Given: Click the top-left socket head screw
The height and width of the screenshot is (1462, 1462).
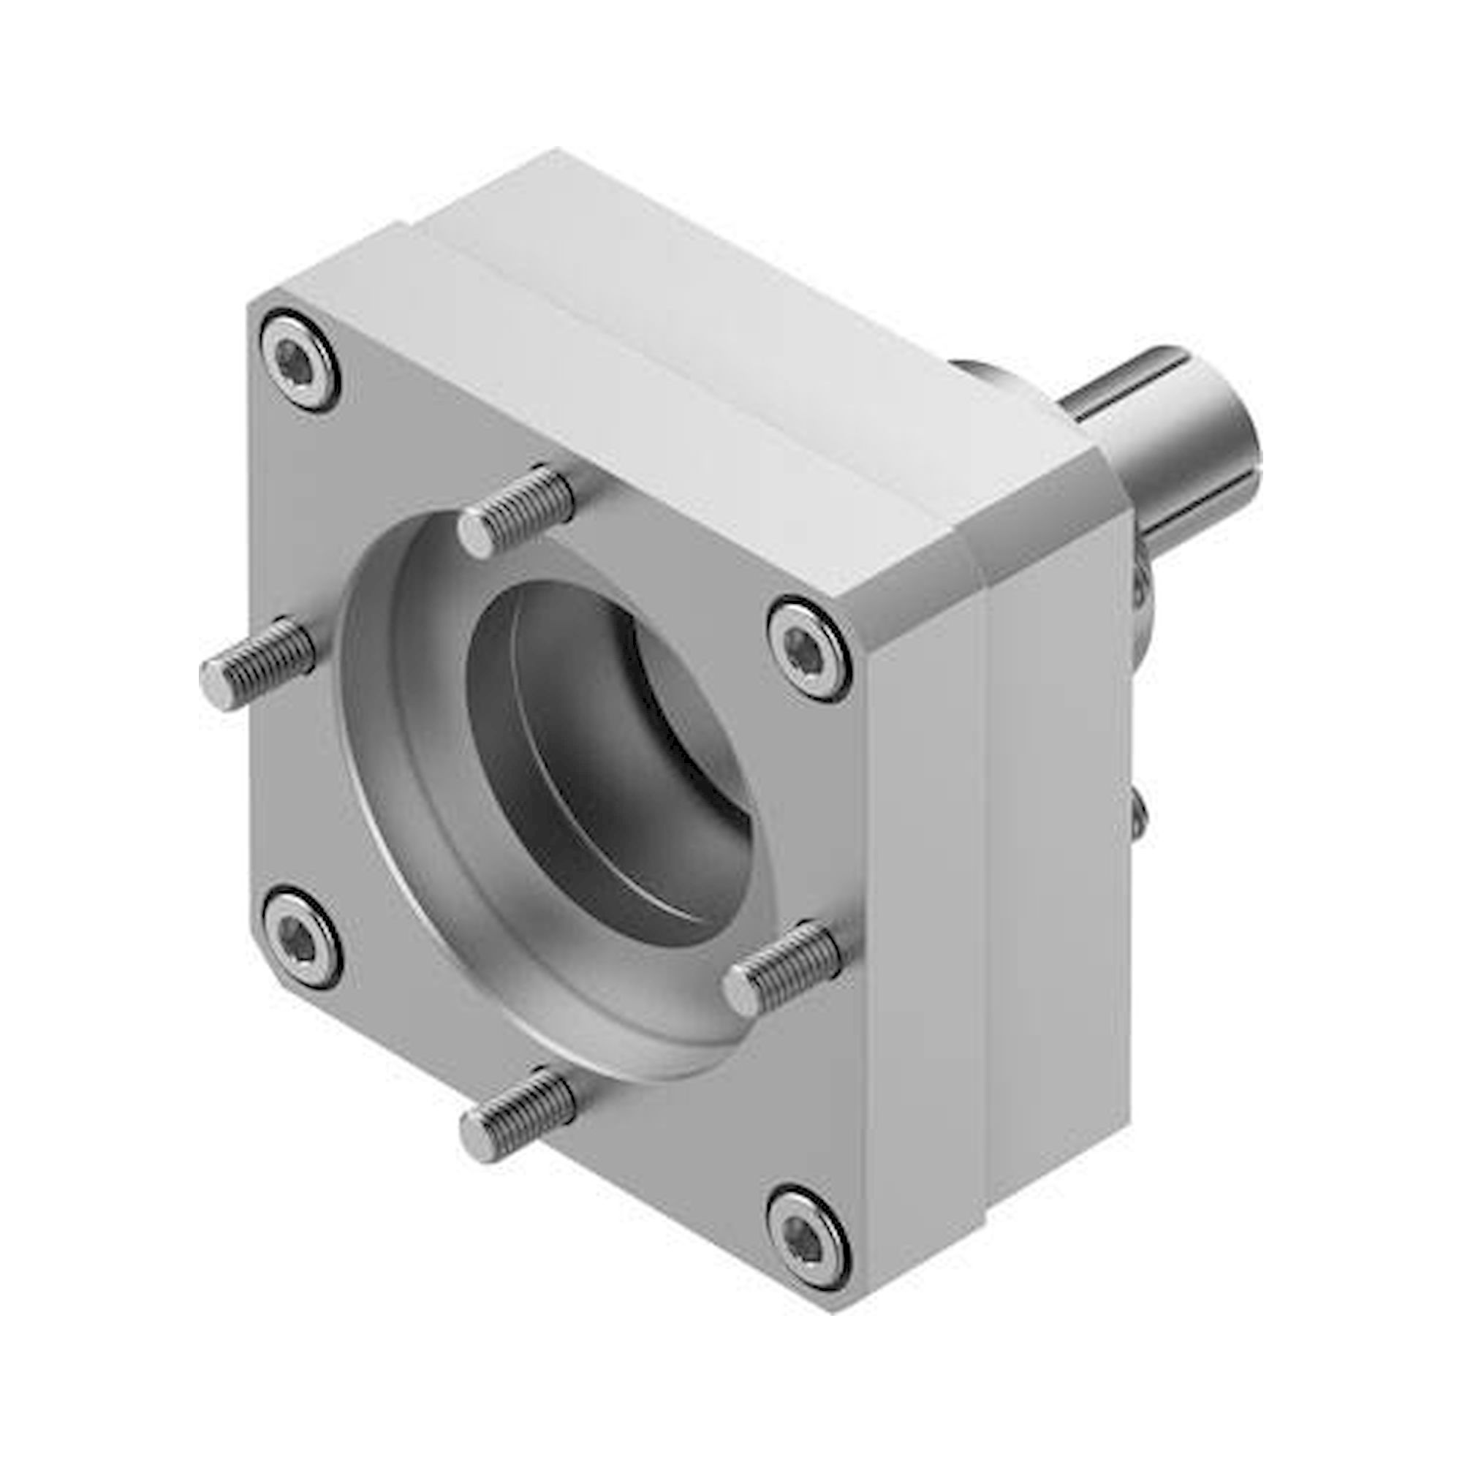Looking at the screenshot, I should click(300, 358).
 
